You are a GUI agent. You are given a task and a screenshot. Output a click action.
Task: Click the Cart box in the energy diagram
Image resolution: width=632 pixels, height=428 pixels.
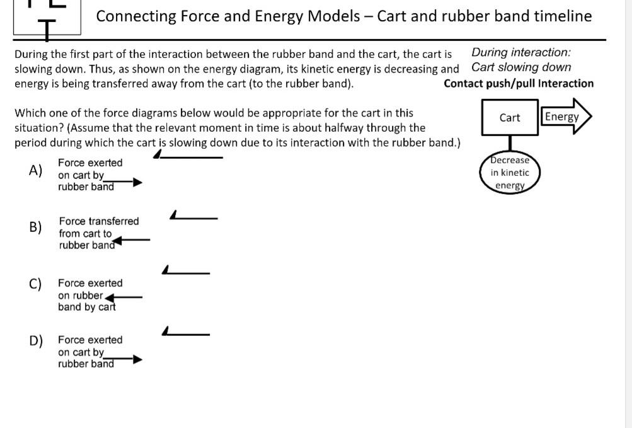(x=510, y=118)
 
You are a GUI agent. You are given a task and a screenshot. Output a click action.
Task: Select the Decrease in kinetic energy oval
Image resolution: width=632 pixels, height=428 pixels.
(x=510, y=173)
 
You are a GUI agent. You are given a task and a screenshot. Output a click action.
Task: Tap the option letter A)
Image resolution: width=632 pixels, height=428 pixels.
(x=36, y=170)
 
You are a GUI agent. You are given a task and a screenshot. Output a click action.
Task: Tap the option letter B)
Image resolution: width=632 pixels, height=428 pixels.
(x=36, y=227)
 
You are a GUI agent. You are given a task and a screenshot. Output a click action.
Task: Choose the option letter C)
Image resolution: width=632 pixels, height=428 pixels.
(x=36, y=284)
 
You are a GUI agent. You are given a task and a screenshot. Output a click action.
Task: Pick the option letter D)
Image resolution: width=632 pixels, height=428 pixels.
(x=36, y=341)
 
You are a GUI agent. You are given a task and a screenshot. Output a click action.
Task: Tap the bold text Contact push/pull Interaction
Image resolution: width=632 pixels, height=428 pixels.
(x=519, y=83)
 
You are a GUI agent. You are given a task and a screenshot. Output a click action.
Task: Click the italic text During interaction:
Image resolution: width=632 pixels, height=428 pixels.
(x=521, y=52)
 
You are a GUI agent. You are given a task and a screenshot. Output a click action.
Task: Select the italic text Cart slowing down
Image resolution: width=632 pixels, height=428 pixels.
(x=521, y=67)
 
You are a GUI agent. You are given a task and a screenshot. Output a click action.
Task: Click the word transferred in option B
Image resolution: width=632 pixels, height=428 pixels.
(x=113, y=221)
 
